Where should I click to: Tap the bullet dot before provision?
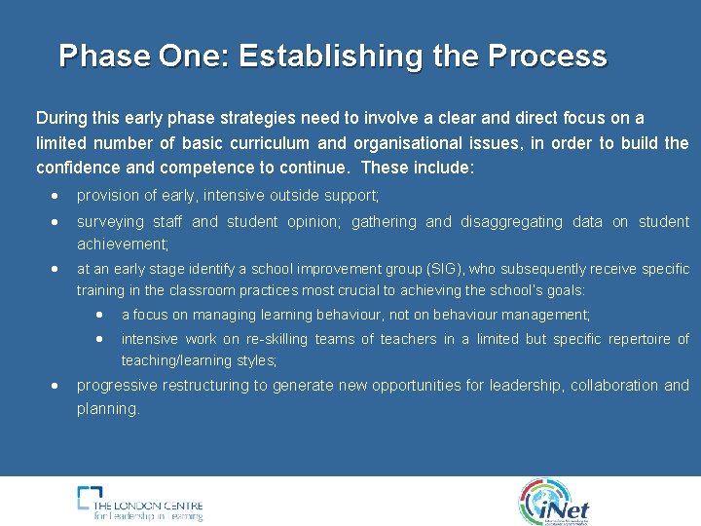[x=55, y=197]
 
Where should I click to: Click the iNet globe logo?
[x=553, y=502]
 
